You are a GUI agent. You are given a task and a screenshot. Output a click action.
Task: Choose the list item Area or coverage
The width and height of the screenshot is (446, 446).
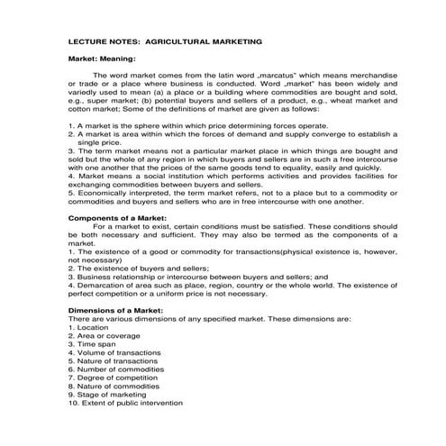point(101,335)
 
